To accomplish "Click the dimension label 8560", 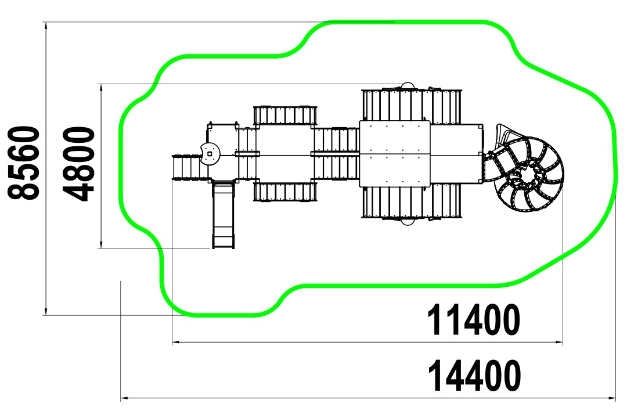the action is click(24, 163).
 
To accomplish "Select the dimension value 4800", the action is click(79, 164).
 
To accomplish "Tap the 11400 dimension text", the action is click(474, 320).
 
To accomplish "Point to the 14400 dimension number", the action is click(474, 376).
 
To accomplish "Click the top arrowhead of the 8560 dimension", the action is click(46, 25).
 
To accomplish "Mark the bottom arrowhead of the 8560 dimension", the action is click(46, 311).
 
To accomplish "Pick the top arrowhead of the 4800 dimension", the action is click(102, 88).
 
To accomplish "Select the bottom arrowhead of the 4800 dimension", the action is click(102, 244).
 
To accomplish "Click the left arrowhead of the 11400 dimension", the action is click(176, 343).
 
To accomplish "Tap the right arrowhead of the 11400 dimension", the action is click(558, 343).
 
